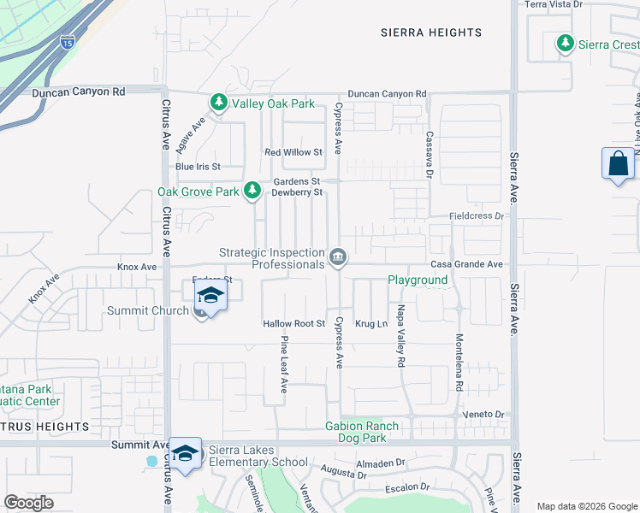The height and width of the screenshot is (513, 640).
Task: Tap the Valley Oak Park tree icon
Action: tap(218, 103)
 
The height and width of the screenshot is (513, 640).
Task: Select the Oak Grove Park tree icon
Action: tap(252, 191)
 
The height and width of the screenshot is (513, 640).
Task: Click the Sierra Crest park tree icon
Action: tap(565, 43)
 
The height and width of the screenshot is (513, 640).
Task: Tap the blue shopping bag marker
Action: tap(618, 162)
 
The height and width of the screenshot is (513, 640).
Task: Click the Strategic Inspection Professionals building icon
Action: tap(338, 256)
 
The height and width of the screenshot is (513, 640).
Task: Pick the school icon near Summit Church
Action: tap(209, 297)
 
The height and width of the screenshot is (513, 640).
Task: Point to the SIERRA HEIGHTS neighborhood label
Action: tap(431, 32)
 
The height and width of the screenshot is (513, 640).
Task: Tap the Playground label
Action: tap(418, 280)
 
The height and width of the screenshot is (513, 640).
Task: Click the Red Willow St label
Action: tap(293, 152)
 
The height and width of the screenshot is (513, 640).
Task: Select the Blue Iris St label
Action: tap(198, 166)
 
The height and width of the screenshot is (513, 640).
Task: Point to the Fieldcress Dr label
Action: tap(477, 216)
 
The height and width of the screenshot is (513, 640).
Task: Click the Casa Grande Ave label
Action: tap(466, 265)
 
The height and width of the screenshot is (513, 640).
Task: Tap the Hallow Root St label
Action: tap(294, 324)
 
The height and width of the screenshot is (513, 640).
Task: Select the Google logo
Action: tap(28, 503)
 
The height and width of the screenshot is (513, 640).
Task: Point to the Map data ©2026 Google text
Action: tap(586, 506)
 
